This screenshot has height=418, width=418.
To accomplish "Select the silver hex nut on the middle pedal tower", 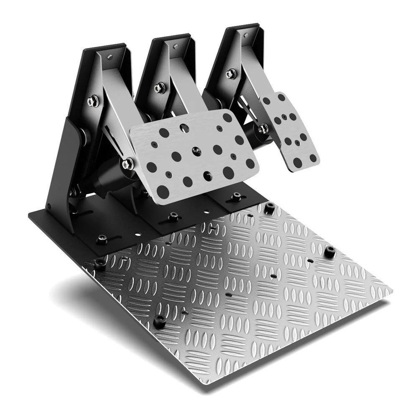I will coord(159,88).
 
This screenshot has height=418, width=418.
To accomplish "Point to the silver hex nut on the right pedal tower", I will coord(231,74).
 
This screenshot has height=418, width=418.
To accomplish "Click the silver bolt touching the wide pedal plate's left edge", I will coord(127,163).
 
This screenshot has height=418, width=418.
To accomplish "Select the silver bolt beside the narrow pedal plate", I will coord(263,129).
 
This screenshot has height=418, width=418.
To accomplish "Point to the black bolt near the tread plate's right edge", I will coord(330,251).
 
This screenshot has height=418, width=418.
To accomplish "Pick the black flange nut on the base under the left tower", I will coord(102,240).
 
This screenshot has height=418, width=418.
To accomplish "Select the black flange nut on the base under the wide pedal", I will coord(173,217).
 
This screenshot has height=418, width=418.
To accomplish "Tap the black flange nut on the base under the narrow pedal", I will coord(237,196).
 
